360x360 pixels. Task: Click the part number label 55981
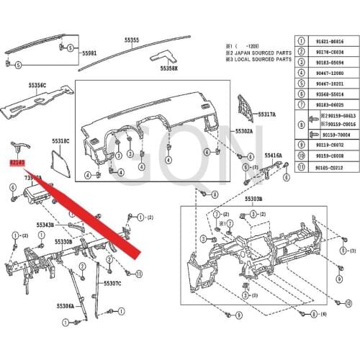point(89,53)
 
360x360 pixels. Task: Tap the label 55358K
point(168,68)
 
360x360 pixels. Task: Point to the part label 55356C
point(37,85)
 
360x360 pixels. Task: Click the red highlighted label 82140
point(17,163)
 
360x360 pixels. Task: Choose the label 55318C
point(60,141)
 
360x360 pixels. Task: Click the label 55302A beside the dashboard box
point(243,131)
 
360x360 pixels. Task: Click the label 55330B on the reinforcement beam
point(62,242)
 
